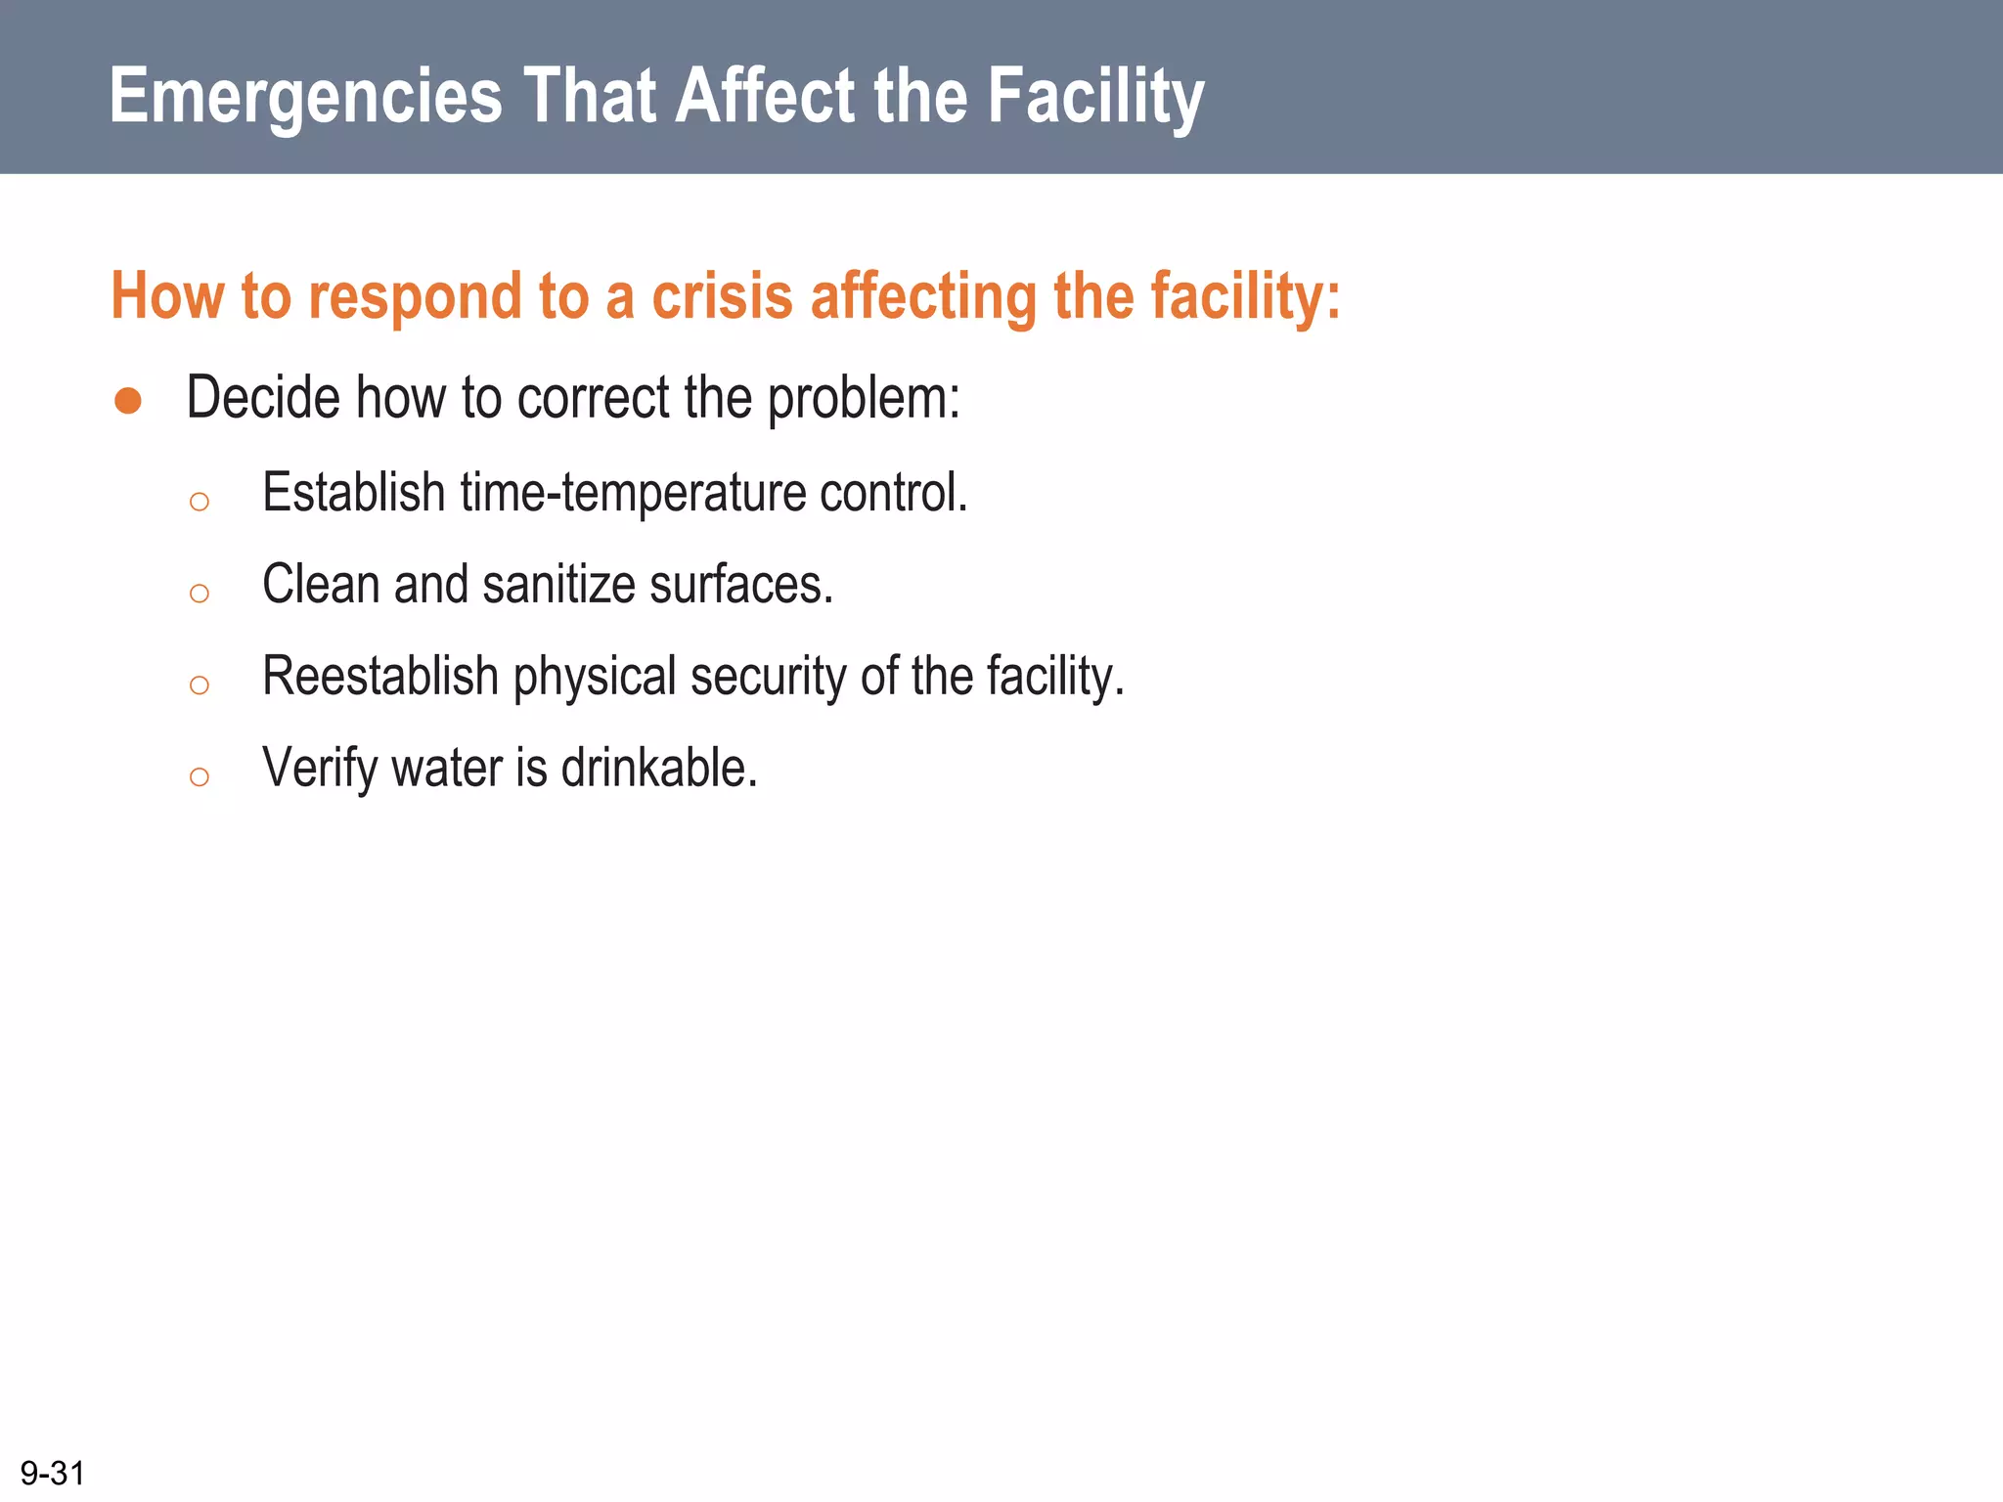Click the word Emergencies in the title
click(305, 98)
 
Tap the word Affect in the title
click(765, 96)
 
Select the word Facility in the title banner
click(1095, 98)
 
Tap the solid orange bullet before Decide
click(128, 401)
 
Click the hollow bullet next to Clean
click(200, 594)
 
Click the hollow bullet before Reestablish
click(200, 685)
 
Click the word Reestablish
click(380, 677)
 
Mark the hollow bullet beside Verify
click(200, 777)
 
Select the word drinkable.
click(659, 768)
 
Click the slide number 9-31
click(53, 1473)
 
